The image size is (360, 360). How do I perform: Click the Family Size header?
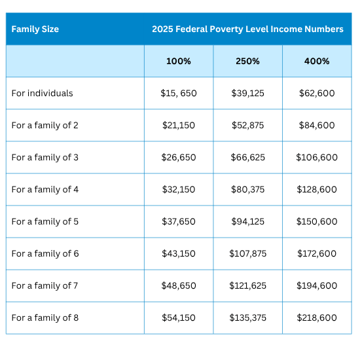35,29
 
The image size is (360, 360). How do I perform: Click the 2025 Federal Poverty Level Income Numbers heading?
247,29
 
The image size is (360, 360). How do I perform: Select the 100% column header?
179,62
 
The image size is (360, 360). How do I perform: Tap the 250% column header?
247,62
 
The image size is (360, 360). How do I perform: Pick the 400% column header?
317,62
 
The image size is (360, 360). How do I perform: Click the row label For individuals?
42,94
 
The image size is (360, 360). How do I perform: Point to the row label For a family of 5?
45,222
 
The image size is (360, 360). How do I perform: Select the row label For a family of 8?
45,318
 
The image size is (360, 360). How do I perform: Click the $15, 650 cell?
179,94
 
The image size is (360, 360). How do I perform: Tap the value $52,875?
247,126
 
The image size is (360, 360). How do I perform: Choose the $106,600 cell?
317,158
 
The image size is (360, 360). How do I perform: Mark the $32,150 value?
179,190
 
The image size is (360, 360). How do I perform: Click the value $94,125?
247,222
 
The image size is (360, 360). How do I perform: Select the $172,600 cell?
317,254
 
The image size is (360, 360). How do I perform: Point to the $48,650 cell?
179,286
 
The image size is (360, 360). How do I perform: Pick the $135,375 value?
247,318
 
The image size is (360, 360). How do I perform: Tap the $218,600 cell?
317,318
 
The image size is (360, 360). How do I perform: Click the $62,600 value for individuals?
317,94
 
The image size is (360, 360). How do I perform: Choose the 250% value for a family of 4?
247,190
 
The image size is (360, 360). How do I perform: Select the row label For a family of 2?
45,126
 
